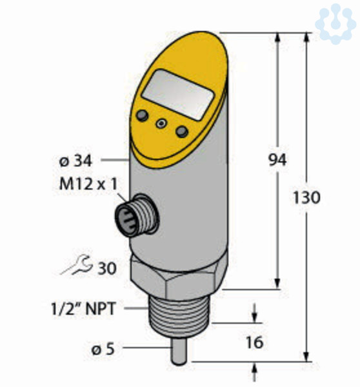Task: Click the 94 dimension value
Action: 277,160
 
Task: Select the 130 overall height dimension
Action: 306,197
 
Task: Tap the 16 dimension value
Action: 255,342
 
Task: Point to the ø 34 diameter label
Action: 75,161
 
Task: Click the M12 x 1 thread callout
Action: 88,184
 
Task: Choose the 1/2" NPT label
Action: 83,308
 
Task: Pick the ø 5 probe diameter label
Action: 103,349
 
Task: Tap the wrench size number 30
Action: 107,268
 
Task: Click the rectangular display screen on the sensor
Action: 178,95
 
